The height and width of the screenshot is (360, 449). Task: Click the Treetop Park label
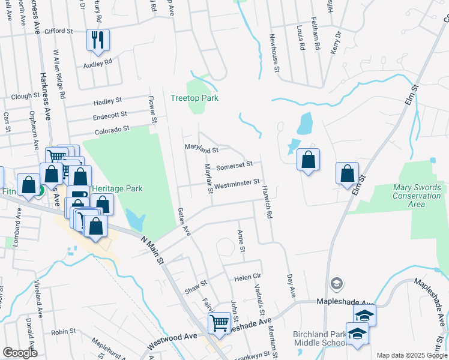tap(194, 98)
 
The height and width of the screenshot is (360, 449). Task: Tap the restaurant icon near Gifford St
tap(98, 40)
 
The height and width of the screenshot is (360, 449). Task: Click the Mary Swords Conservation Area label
tap(417, 196)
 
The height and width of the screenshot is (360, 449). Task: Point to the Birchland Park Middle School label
tap(319, 338)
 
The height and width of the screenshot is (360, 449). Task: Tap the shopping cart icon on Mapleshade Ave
tap(219, 323)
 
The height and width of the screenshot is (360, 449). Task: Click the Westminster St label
tap(237, 182)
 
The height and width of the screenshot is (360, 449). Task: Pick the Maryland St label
tap(201, 148)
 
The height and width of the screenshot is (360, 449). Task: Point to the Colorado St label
tap(112, 129)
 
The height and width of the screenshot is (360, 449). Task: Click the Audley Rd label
tap(98, 63)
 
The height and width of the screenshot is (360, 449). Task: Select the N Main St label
tap(152, 249)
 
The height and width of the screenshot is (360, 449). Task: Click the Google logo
tap(20, 352)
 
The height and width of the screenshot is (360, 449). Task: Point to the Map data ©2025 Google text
tap(411, 355)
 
